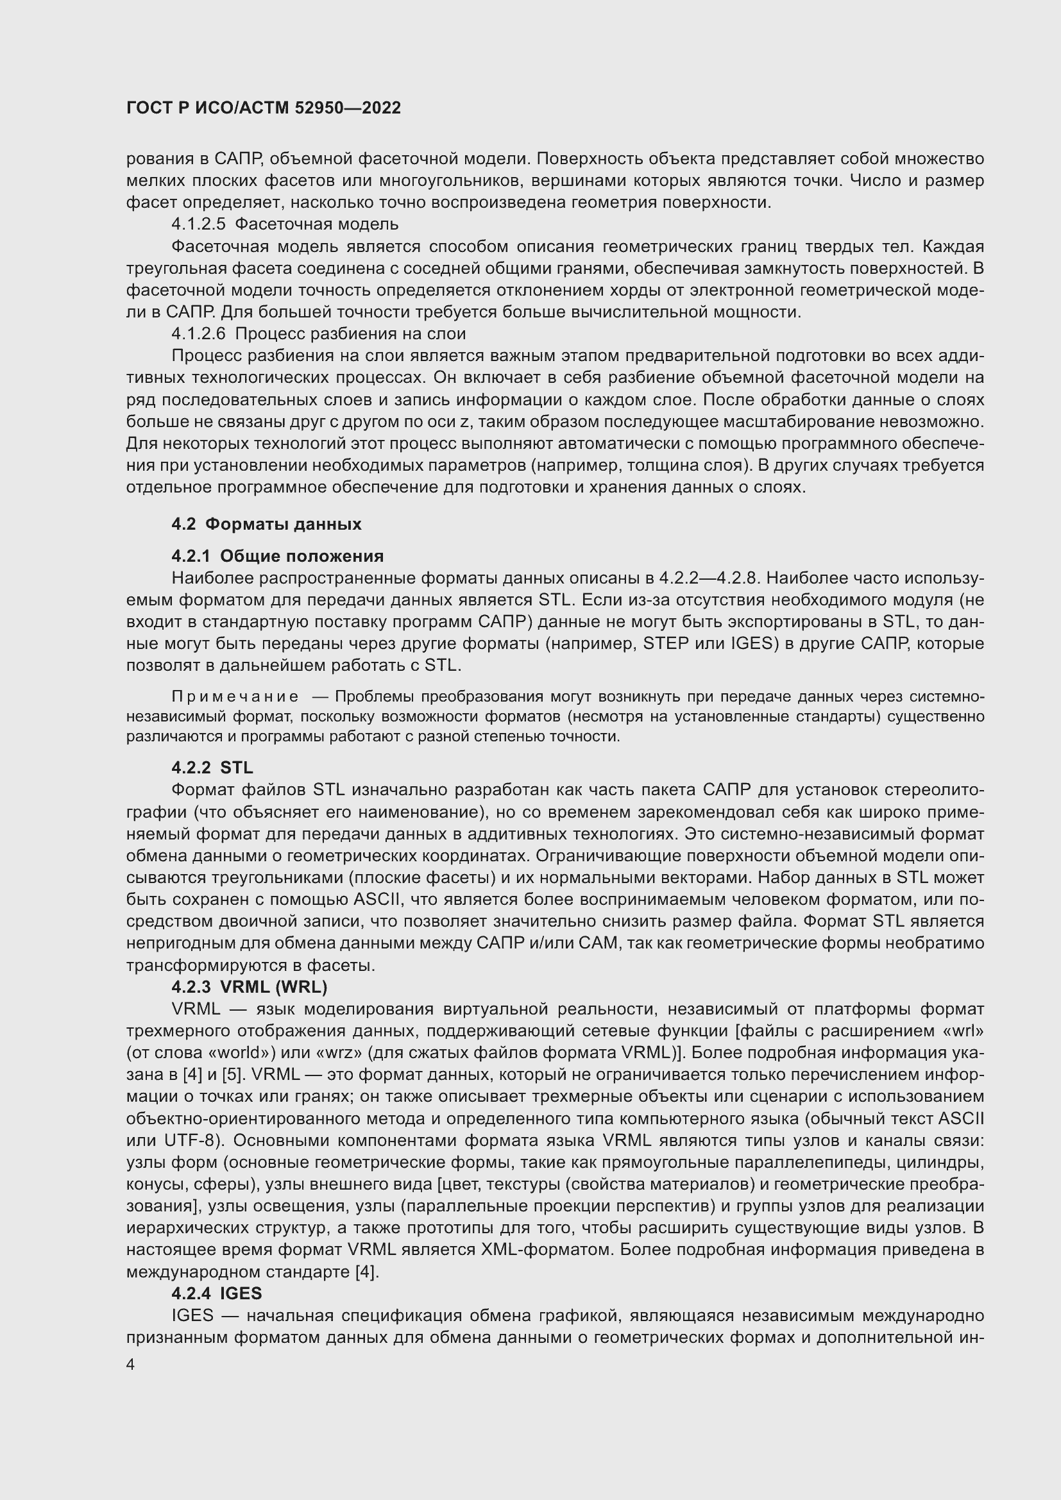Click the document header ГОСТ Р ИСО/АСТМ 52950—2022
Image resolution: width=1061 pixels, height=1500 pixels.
tap(263, 108)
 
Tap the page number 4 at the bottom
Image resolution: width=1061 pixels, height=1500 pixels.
tap(131, 1365)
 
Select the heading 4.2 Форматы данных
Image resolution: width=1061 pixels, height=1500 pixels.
tap(266, 524)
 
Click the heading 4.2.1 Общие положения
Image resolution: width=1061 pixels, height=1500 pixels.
tap(277, 556)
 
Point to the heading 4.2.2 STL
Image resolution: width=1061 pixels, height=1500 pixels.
tap(212, 768)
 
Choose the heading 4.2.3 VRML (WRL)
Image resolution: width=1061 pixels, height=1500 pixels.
tap(249, 986)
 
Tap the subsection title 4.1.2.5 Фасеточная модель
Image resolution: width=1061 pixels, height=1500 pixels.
tap(284, 224)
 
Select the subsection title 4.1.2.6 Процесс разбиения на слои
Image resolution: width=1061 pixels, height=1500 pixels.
tap(318, 334)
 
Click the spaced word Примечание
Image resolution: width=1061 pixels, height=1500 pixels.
tap(235, 697)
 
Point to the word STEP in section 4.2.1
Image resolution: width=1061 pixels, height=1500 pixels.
tap(666, 643)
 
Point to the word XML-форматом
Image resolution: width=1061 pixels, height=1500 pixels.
tap(547, 1250)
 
